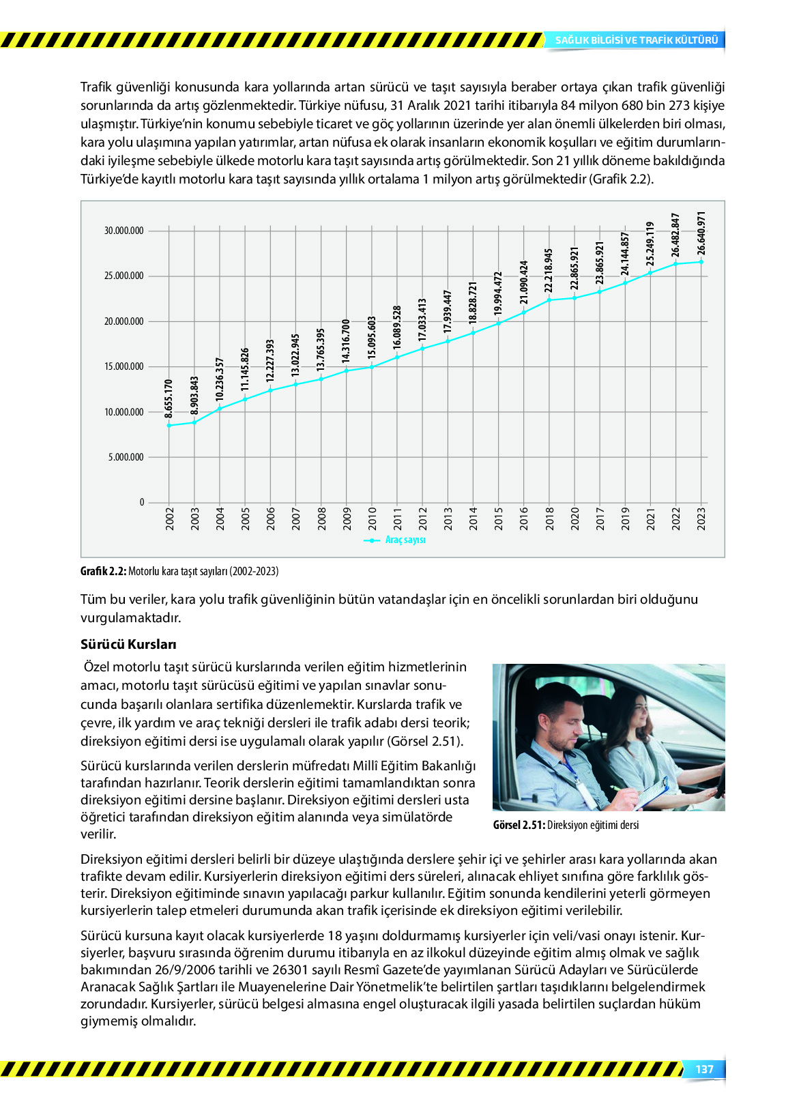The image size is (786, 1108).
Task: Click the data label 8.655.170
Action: tap(169, 398)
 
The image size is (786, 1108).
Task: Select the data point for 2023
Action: tap(701, 261)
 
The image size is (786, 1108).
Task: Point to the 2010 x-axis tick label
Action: tap(373, 518)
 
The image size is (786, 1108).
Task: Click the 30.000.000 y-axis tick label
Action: tap(123, 231)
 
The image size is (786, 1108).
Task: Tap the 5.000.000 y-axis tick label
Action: tap(126, 457)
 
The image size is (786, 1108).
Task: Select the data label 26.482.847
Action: tap(675, 235)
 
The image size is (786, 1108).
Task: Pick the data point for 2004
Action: tap(220, 408)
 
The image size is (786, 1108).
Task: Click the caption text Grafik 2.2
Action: tap(103, 571)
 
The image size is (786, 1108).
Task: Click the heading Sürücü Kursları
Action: tap(128, 644)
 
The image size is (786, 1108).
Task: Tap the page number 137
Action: tap(704, 1069)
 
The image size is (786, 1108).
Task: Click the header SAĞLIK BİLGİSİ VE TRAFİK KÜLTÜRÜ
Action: tap(636, 40)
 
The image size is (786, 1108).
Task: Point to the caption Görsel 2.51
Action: tap(519, 825)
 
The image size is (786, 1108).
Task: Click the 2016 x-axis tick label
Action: tap(524, 518)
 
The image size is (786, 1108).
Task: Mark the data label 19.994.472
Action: tap(498, 293)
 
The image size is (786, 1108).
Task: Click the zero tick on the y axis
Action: tap(142, 502)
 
